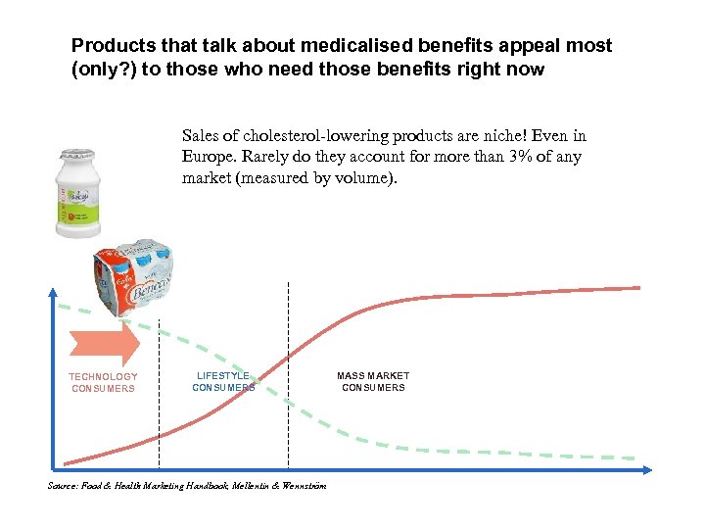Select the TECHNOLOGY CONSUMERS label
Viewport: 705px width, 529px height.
(x=103, y=383)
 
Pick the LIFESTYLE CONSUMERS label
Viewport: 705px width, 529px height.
(x=223, y=382)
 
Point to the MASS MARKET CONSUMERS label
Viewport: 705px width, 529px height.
(x=373, y=382)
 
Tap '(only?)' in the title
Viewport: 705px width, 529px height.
(x=103, y=70)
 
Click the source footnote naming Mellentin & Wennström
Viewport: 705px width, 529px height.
(x=187, y=486)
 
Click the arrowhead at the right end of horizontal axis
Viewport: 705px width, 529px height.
(x=648, y=470)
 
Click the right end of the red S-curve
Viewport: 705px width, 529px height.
(x=638, y=288)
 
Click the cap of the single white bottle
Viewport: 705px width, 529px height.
(x=72, y=155)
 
